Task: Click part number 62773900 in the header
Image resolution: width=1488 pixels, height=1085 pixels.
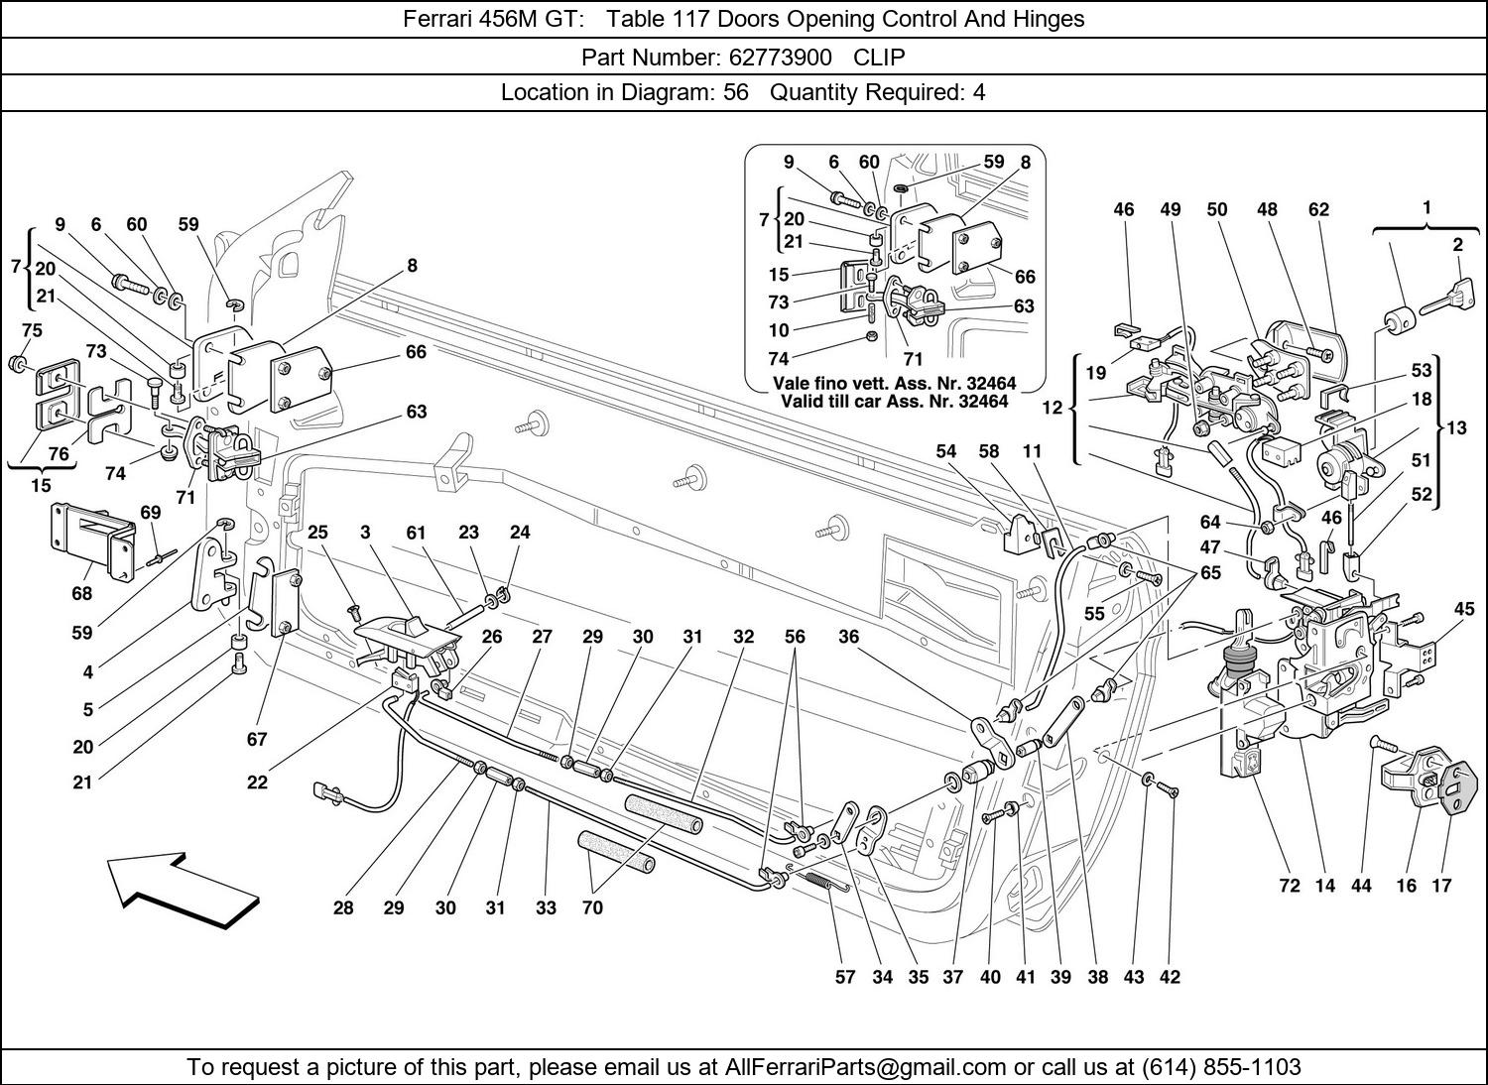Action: coord(776,57)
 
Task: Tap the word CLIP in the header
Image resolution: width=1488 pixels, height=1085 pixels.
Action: coord(879,57)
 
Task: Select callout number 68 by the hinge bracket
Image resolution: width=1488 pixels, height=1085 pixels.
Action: coord(81,593)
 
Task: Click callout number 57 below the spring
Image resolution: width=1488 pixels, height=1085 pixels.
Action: coord(844,977)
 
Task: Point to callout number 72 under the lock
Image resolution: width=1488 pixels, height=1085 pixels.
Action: coord(1289,886)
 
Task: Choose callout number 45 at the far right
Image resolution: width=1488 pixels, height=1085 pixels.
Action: coord(1464,609)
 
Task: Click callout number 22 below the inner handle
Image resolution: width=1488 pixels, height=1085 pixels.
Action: coord(257,782)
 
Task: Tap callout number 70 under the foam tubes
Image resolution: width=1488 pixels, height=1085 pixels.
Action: coord(592,907)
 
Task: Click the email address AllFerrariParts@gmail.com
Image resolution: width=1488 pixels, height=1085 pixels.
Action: coord(866,1067)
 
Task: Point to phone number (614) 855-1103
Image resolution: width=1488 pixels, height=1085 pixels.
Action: coord(1221,1067)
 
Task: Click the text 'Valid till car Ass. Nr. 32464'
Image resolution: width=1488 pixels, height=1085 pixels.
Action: coord(894,402)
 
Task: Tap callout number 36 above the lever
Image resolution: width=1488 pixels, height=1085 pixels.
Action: coord(848,637)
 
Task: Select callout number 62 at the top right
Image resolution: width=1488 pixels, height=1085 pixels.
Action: coord(1318,209)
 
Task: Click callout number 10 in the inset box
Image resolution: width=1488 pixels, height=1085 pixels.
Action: coord(779,330)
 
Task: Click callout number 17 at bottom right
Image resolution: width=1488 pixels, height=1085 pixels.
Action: coord(1441,886)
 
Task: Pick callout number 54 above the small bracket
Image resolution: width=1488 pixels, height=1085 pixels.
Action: coord(945,451)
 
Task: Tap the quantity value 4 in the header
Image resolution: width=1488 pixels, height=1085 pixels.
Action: coord(978,93)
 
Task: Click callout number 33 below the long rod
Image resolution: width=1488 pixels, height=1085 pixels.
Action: coord(546,907)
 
